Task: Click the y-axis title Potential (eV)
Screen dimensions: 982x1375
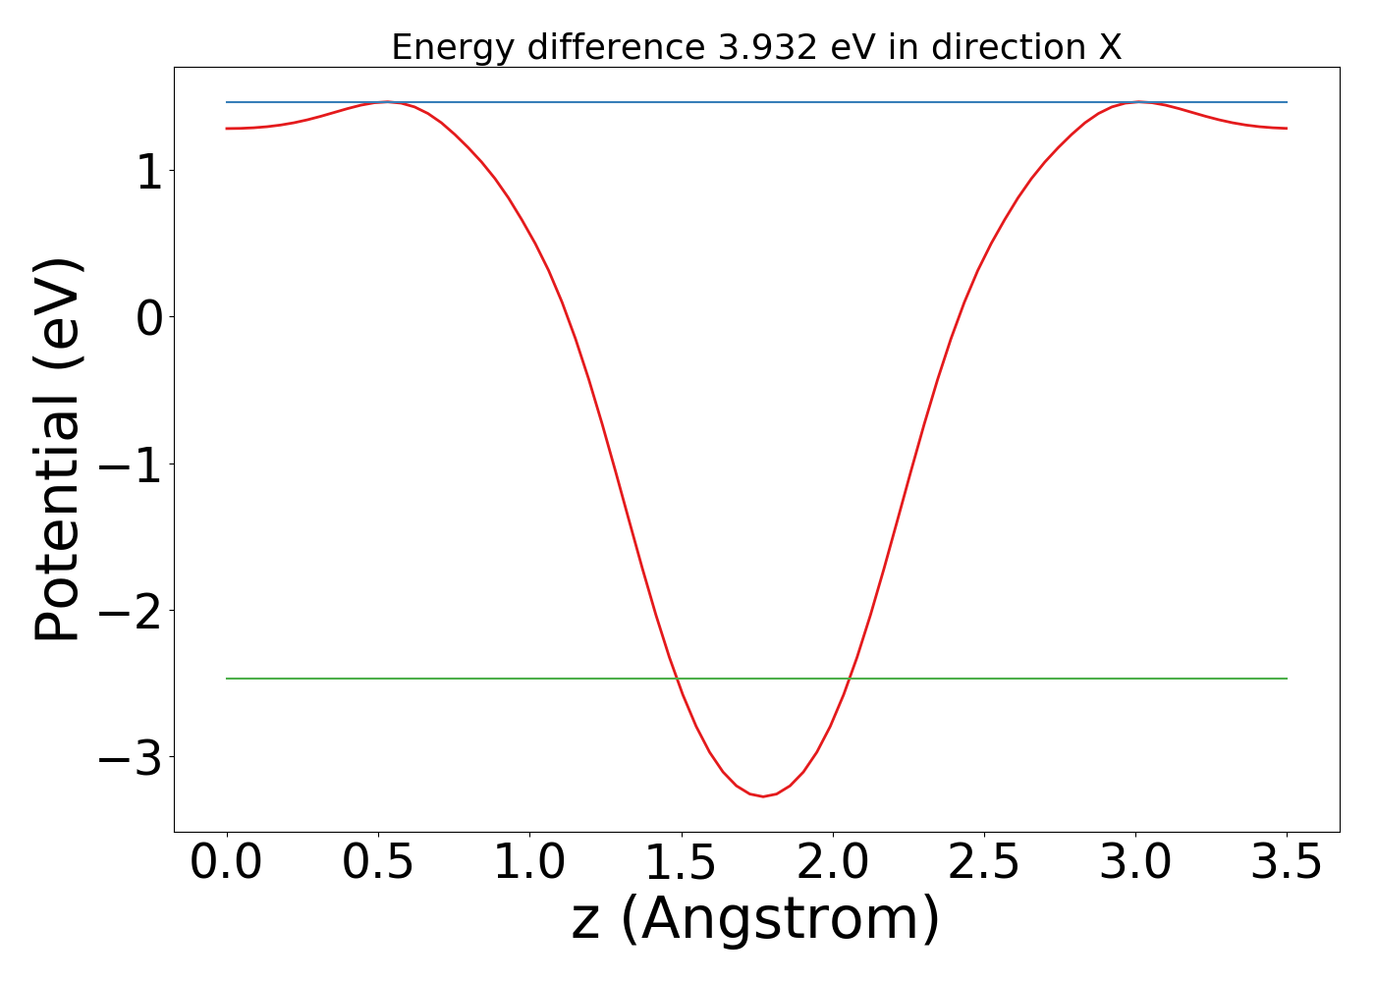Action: tap(58, 450)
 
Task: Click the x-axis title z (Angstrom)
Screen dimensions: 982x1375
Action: tap(755, 920)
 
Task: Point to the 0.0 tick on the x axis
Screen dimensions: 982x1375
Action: tap(226, 863)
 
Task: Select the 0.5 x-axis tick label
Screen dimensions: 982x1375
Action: tap(378, 863)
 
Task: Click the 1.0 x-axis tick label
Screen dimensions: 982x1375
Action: tap(529, 863)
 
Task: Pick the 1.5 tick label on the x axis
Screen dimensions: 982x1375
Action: tap(681, 863)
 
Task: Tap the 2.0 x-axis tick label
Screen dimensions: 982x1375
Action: tap(833, 863)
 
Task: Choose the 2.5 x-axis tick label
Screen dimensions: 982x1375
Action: tap(984, 863)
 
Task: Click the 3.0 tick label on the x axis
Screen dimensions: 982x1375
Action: tap(1135, 863)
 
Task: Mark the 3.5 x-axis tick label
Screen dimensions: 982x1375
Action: tap(1287, 863)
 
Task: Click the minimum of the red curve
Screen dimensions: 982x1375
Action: tap(763, 796)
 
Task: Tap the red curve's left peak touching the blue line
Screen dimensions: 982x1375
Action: tap(388, 102)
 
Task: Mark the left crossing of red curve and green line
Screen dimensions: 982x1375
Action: tap(677, 679)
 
